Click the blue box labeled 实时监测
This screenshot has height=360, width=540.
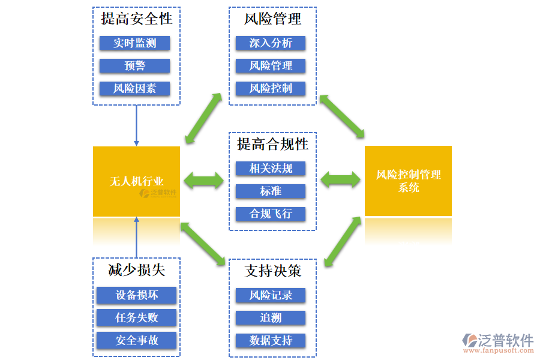point(135,43)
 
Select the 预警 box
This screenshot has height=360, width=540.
point(135,65)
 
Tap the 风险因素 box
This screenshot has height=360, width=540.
point(135,88)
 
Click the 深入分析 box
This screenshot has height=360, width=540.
point(271,43)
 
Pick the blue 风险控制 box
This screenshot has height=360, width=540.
point(271,88)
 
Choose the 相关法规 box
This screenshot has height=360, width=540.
point(271,169)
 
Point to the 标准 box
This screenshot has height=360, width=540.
point(271,191)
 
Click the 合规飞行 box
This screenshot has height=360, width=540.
point(271,214)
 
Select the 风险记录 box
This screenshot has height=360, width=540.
point(271,295)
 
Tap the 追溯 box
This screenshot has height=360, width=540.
point(271,318)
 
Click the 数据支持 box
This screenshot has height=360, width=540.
point(271,341)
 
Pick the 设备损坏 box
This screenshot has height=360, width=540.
point(137,295)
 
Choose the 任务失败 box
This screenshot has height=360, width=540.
point(137,317)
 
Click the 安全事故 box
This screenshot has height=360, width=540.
point(137,340)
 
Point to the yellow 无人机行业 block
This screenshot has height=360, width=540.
point(137,181)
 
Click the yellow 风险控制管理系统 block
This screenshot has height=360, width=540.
point(408,181)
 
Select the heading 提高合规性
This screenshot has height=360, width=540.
point(272,145)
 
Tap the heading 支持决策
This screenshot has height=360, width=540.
point(272,271)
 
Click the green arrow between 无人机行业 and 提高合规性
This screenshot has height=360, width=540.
point(203,180)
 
